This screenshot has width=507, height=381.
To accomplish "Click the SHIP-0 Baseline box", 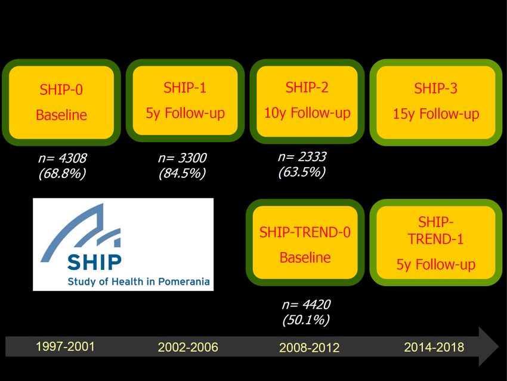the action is click(x=61, y=102).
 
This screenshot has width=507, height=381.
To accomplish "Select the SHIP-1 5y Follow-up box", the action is click(x=185, y=101).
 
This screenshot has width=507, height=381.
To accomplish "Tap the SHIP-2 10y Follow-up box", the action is click(x=307, y=102).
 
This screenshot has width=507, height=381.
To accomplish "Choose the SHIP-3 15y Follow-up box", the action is click(x=435, y=102).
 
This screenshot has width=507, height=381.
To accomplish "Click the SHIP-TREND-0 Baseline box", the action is click(x=305, y=242).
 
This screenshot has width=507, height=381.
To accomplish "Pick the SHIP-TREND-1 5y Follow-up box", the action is click(x=435, y=242).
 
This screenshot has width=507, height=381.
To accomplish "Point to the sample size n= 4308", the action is click(x=63, y=158).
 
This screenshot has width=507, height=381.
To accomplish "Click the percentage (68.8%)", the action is click(x=63, y=174).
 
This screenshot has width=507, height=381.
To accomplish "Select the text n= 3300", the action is click(x=183, y=158).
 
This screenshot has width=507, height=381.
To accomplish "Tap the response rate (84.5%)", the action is click(x=183, y=173).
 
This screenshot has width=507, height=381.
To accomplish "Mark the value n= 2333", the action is click(x=302, y=156).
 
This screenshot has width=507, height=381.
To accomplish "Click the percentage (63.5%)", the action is click(x=302, y=172).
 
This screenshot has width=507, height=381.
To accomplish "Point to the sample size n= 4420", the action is click(x=306, y=305).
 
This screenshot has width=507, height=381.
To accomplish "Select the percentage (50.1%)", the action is click(x=306, y=320).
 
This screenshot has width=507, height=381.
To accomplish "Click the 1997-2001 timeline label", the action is click(x=65, y=346).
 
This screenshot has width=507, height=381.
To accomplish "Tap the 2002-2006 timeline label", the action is click(x=188, y=347).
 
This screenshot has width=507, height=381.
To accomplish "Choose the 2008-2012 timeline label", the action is click(x=310, y=348).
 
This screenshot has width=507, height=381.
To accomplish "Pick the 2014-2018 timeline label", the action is click(x=434, y=347).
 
